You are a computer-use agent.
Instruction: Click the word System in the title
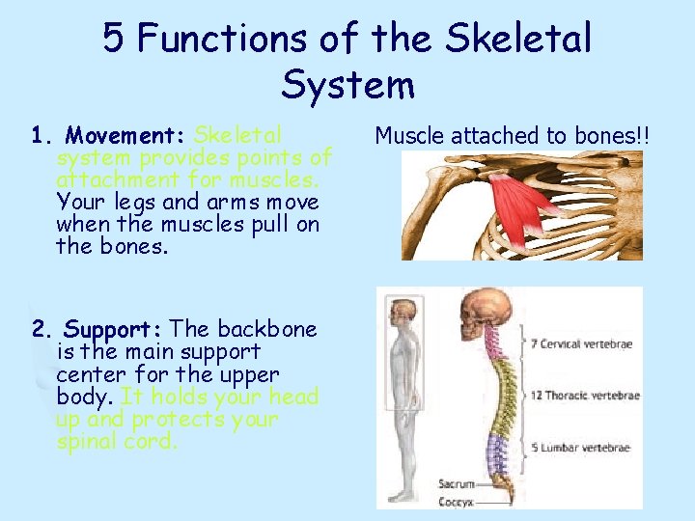point(347,85)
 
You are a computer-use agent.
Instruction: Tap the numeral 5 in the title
point(114,39)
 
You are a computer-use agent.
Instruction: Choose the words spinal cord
point(116,442)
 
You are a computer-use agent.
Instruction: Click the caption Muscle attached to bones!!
point(513,136)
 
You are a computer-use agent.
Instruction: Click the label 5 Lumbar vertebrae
point(580,447)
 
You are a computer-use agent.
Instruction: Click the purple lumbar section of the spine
point(498,448)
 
